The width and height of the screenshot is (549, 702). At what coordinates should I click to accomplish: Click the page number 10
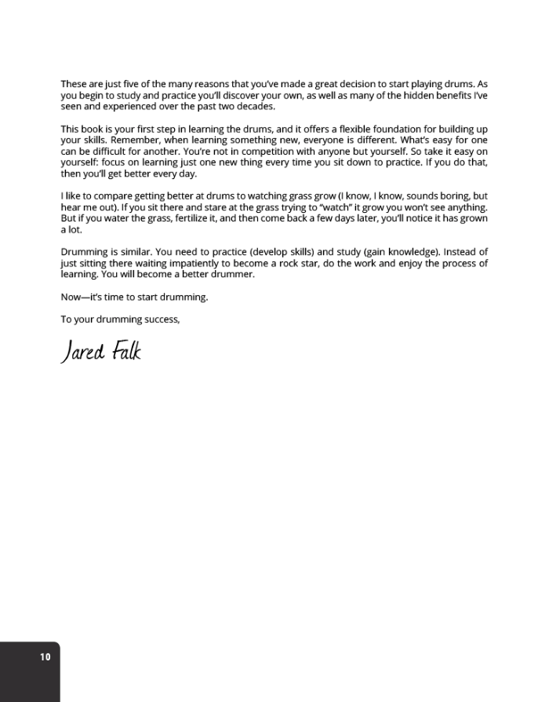pos(45,656)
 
